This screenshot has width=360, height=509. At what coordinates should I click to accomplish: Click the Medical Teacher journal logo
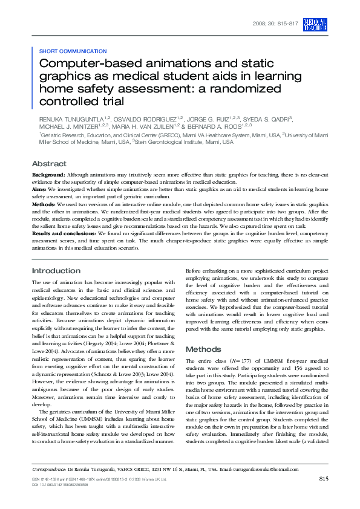pos(316,24)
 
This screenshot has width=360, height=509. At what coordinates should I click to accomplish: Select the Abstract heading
pos(49,164)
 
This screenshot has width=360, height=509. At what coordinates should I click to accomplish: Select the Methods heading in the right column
pos(203,349)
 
